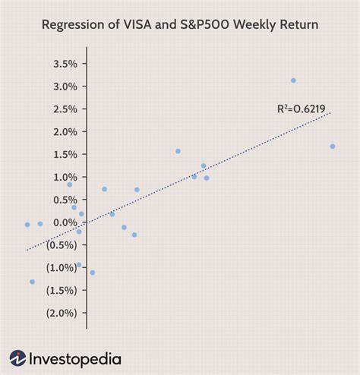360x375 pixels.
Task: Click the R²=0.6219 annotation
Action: [301, 110]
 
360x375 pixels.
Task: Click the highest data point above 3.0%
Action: [293, 80]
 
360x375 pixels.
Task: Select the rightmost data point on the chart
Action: [333, 147]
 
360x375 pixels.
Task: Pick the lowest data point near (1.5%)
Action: [32, 282]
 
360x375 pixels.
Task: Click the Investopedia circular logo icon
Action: [18, 358]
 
